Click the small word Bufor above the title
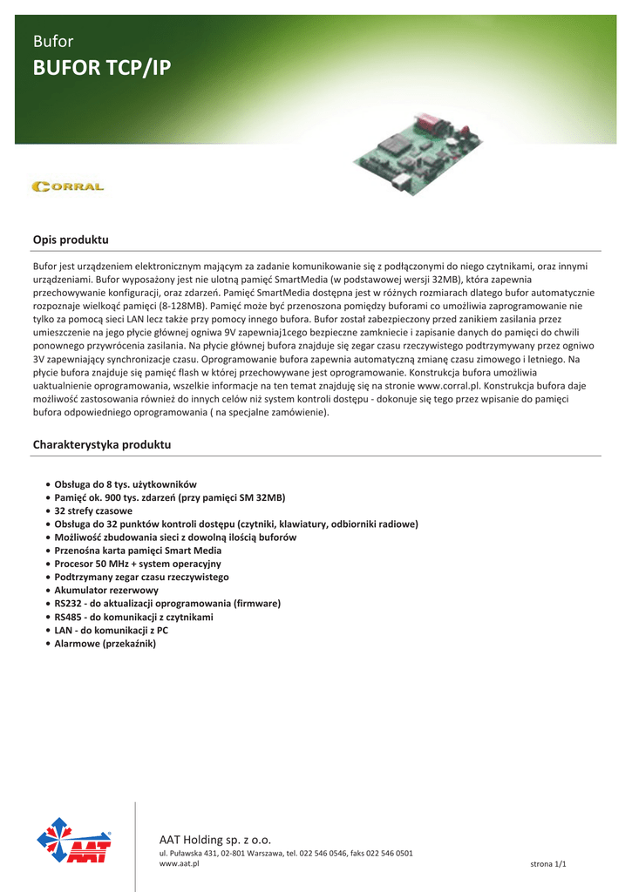pos(52,41)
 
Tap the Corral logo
pos(68,186)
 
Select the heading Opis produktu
pos(71,239)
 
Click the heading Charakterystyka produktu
pos(101,445)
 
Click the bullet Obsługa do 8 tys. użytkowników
pos(126,484)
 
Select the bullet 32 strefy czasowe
pos(93,510)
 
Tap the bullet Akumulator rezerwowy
pos(107,590)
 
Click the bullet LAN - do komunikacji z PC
pos(112,630)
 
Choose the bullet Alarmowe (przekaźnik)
pos(105,643)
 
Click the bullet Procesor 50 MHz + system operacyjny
pos(138,564)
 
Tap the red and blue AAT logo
pos(73,842)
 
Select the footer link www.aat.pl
pos(173,863)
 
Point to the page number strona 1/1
pos(548,863)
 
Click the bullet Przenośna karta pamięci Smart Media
pos(138,551)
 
